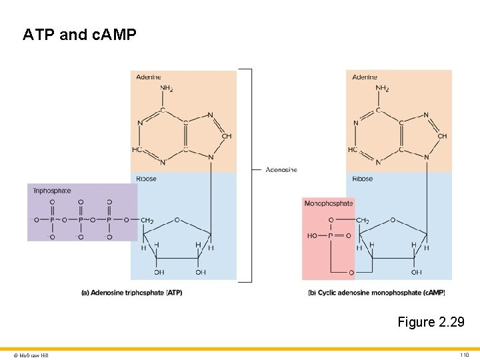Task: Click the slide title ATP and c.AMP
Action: pos(79,34)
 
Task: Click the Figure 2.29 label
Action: pos(431,322)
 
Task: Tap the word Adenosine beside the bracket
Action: pos(281,170)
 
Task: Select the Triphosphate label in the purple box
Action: pos(52,191)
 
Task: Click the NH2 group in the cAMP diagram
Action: pos(383,89)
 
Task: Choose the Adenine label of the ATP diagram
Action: pos(149,77)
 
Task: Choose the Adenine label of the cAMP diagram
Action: pos(365,77)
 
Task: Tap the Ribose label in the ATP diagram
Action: pos(147,179)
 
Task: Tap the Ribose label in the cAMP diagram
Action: pos(362,179)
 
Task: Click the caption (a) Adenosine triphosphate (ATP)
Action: pos(132,293)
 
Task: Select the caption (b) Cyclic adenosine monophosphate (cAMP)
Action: pos(377,293)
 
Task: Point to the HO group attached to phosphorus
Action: pos(312,235)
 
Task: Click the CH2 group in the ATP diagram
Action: pos(147,221)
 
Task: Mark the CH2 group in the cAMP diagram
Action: pos(363,221)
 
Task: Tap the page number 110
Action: pos(465,355)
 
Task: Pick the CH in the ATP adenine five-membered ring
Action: pos(227,136)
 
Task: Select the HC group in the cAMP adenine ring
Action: pos(353,149)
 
